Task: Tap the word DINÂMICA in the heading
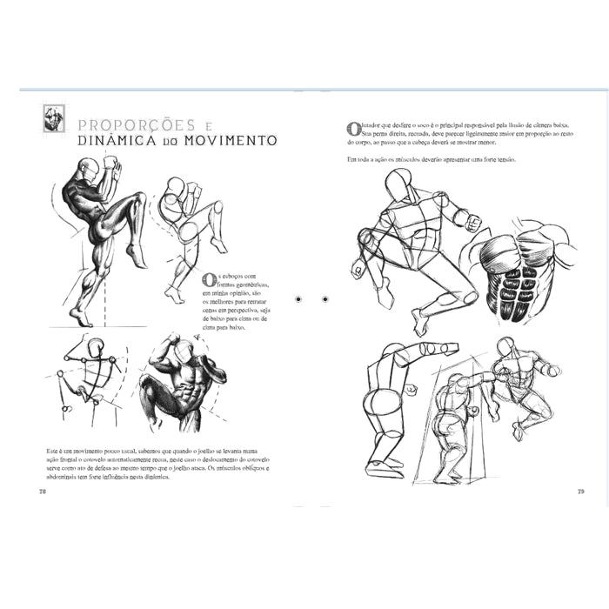click(111, 140)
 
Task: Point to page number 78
click(42, 491)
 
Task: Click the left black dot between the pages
click(298, 298)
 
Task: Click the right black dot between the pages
click(325, 298)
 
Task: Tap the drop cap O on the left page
click(208, 280)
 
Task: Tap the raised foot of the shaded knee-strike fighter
click(137, 255)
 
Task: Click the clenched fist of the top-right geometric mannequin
click(472, 223)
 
